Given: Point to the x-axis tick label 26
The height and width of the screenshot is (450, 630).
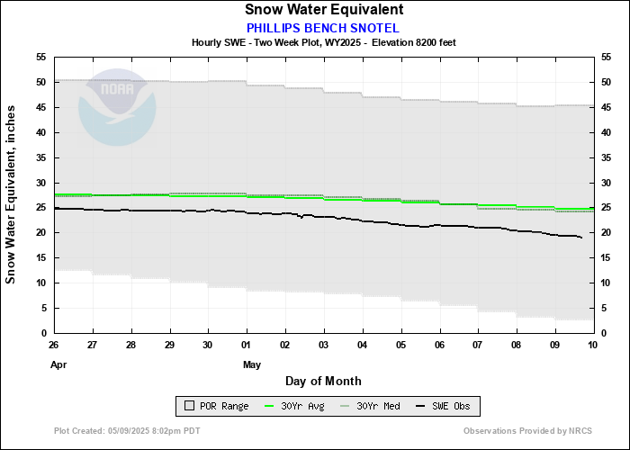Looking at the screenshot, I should [x=54, y=346].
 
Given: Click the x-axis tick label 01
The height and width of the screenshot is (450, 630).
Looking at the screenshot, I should [x=247, y=346].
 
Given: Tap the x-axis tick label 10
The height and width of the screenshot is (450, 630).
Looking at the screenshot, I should [x=592, y=346].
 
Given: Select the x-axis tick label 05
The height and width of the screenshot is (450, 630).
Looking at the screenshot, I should [x=400, y=346].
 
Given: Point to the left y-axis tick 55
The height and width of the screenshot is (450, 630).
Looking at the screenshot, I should [x=41, y=57].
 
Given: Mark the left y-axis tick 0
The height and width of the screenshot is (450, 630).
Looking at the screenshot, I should [x=44, y=333].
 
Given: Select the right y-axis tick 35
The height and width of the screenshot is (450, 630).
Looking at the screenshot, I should [x=605, y=157].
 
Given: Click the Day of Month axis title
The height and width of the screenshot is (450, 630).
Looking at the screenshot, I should [x=323, y=381].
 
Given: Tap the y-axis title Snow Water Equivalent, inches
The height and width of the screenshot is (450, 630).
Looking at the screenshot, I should [x=12, y=194].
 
